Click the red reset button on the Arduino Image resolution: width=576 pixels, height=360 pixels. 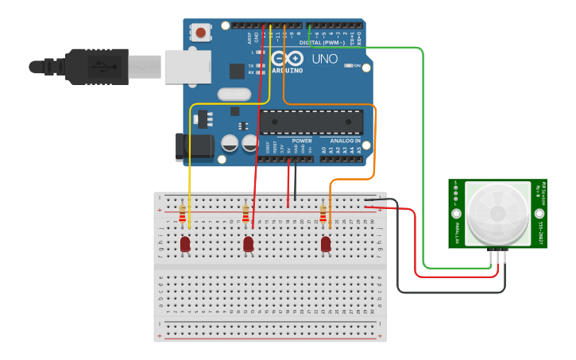(x=201, y=33)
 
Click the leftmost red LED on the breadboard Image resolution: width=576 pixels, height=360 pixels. (x=185, y=244)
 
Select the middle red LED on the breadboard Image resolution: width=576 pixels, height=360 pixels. (x=249, y=244)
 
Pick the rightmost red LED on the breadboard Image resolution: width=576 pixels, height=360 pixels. (x=326, y=244)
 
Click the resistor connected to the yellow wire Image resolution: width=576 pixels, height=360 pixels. (x=183, y=213)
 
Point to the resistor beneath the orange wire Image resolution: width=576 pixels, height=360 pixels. (x=323, y=214)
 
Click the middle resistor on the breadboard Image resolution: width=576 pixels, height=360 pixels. (x=246, y=213)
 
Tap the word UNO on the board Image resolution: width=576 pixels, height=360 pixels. (x=325, y=59)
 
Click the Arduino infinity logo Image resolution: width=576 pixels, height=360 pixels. (x=286, y=58)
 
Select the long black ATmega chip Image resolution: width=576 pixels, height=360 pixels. (x=311, y=122)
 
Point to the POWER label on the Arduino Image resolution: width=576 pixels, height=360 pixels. (x=302, y=141)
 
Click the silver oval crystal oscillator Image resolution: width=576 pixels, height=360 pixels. (x=234, y=95)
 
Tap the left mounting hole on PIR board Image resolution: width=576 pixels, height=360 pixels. (x=457, y=214)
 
